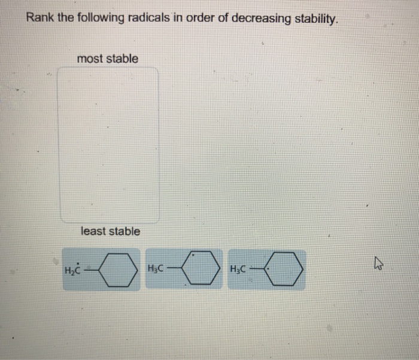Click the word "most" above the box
90,59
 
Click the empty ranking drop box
108,144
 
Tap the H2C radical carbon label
72,270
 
